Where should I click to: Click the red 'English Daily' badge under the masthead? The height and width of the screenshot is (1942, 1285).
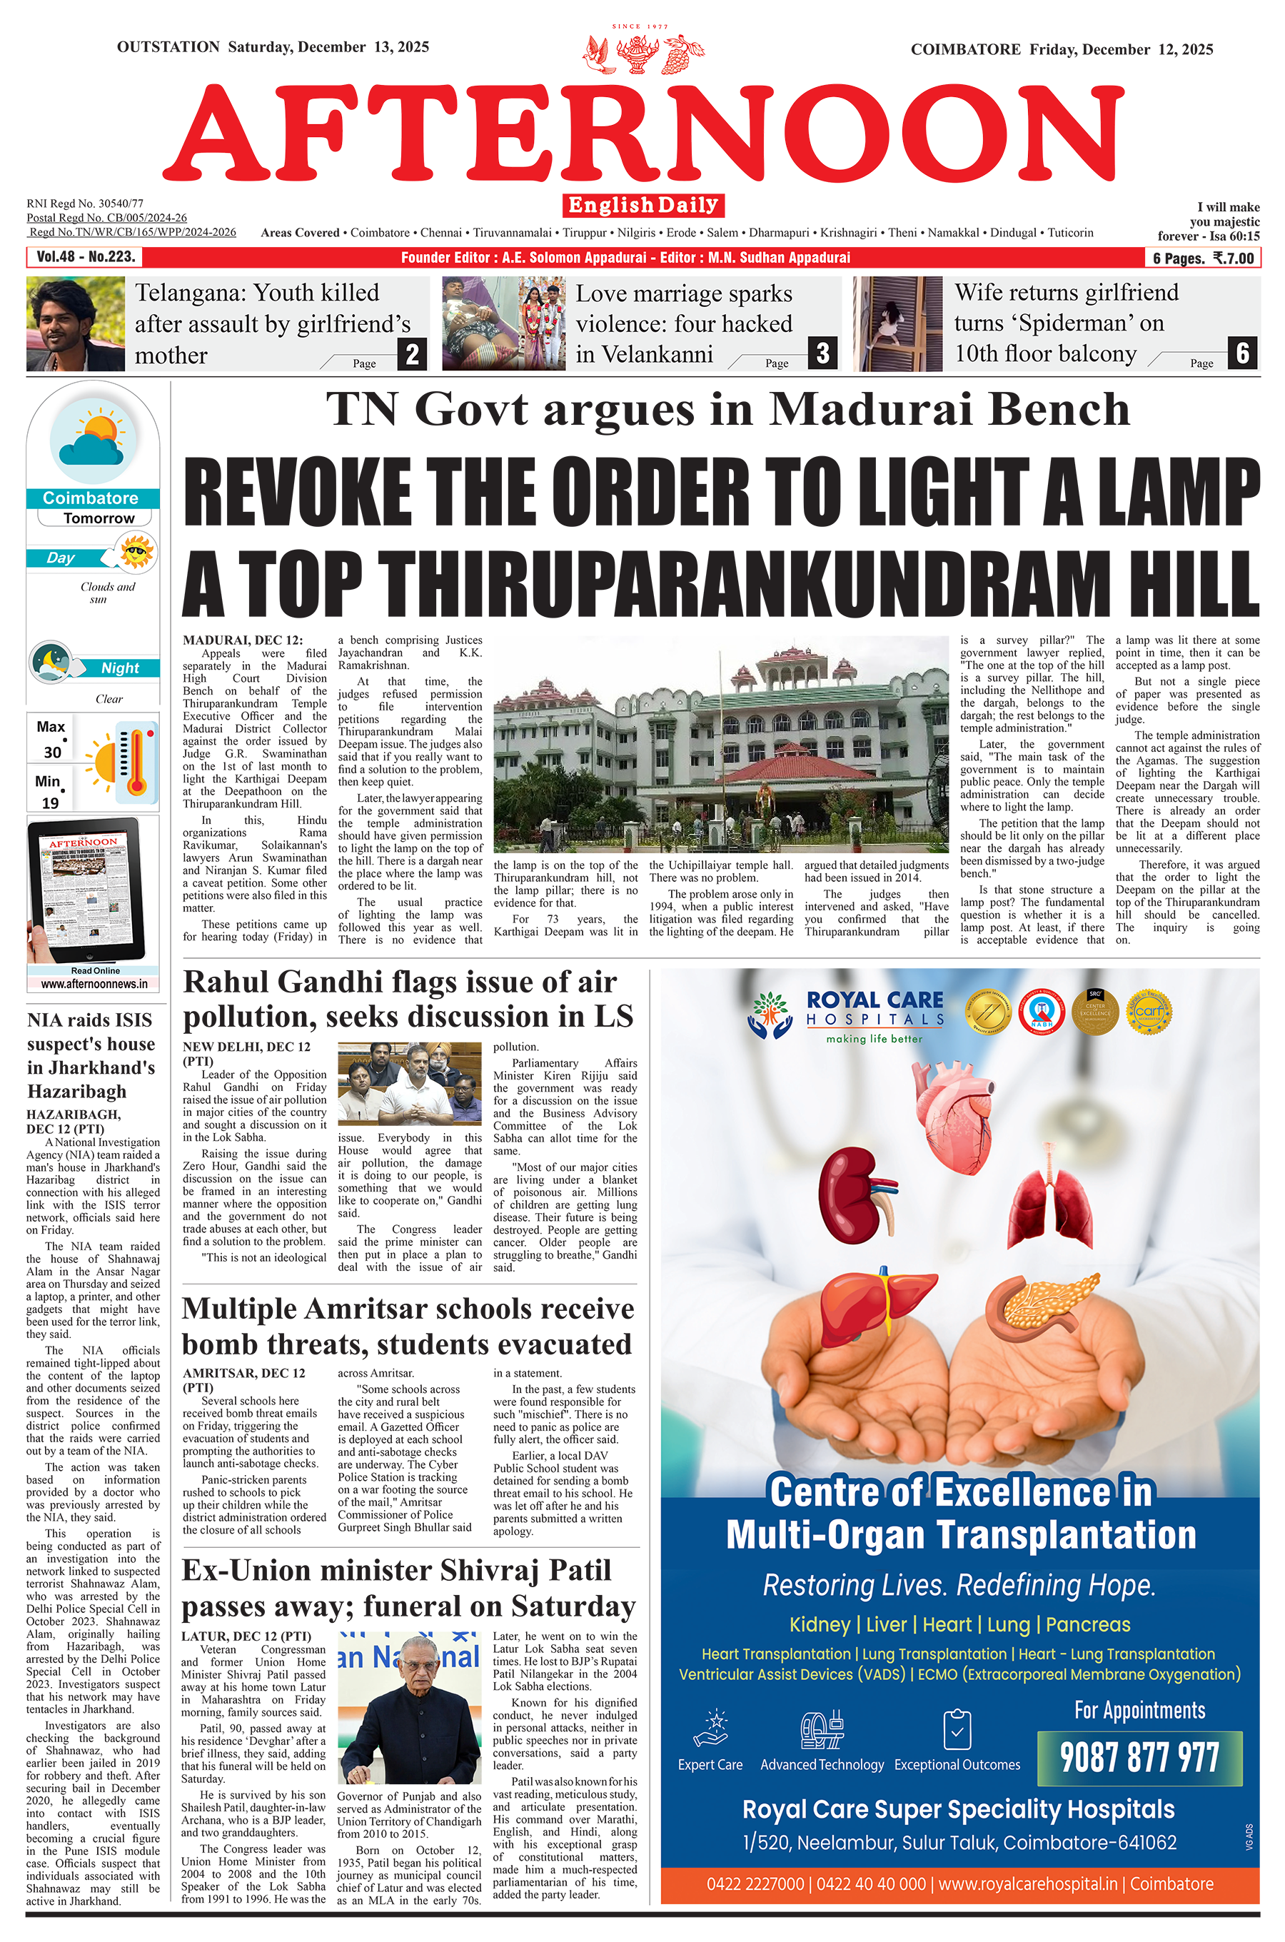pyautogui.click(x=643, y=205)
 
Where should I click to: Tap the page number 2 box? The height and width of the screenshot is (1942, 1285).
pyautogui.click(x=412, y=354)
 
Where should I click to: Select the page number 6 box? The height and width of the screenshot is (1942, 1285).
pyautogui.click(x=1242, y=353)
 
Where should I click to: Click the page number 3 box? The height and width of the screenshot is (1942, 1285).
pyautogui.click(x=823, y=353)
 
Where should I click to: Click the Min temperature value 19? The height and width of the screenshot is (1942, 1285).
pyautogui.click(x=50, y=803)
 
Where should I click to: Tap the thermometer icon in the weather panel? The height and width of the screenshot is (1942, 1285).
pyautogui.click(x=137, y=762)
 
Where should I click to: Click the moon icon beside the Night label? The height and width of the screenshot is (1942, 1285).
pyautogui.click(x=51, y=661)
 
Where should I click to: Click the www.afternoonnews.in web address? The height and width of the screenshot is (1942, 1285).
pyautogui.click(x=94, y=984)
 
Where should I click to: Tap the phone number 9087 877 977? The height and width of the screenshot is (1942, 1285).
pyautogui.click(x=1139, y=1758)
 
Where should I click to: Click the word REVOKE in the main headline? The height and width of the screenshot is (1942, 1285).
pyautogui.click(x=298, y=493)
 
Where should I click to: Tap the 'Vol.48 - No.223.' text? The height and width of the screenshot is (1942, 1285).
pyautogui.click(x=85, y=257)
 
